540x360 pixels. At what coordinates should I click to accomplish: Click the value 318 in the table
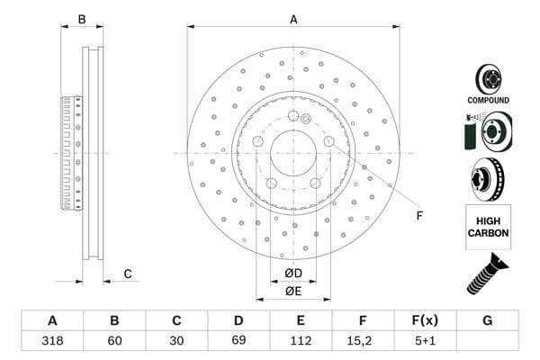pos(52,342)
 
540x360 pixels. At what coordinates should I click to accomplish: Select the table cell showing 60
pos(114,342)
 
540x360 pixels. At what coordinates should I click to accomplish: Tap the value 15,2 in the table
pos(363,342)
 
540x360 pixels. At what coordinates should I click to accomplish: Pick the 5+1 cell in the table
pos(425,342)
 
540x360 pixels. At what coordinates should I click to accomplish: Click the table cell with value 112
pos(301,342)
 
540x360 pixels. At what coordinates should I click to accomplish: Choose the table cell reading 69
pos(238,342)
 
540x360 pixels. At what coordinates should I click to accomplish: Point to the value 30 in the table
pos(176,342)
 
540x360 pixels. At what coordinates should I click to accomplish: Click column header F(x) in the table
pos(425,321)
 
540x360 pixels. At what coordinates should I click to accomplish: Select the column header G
pos(487,321)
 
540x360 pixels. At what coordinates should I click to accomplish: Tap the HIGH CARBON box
pos(488,227)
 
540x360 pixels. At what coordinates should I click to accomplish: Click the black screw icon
pos(488,274)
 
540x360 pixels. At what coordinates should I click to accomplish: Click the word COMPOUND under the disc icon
pos(488,100)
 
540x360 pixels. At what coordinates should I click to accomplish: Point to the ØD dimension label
pos(293,273)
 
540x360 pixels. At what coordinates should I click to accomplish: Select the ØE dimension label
pos(293,291)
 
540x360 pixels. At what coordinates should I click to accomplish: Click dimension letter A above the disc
pos(293,19)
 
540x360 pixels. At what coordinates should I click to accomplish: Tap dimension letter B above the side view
pos(81,19)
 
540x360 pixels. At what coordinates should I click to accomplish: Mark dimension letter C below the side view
pos(128,274)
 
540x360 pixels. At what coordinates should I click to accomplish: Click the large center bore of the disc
pos(293,154)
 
